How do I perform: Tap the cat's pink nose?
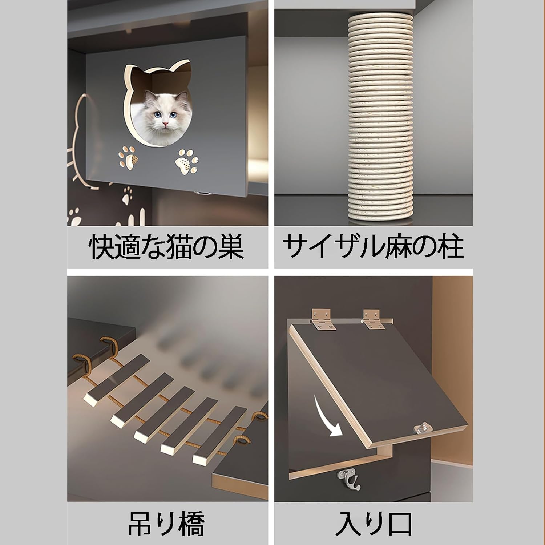tap(166, 125)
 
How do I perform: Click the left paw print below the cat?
tap(128, 158)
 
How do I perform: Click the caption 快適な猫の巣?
tap(166, 247)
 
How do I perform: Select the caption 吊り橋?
tap(166, 524)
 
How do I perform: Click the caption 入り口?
tap(373, 524)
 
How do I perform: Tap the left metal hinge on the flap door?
tap(321, 320)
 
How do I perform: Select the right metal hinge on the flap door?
tap(374, 319)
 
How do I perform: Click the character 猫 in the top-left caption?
tap(188, 247)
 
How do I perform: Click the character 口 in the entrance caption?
tap(399, 524)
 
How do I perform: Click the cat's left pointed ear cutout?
tap(132, 73)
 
